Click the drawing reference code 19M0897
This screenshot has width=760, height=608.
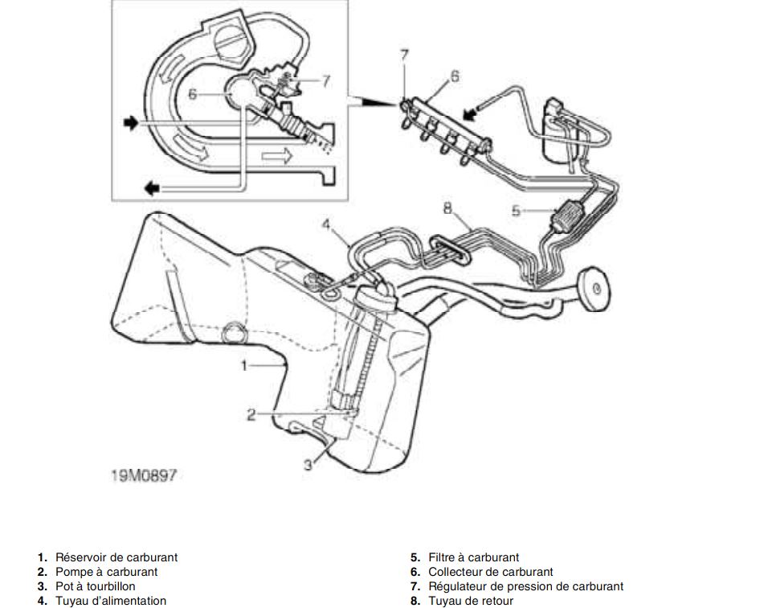(x=144, y=475)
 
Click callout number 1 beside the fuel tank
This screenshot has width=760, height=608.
(x=244, y=365)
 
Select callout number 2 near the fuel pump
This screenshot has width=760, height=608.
(x=251, y=415)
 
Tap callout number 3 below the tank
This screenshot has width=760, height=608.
(x=308, y=464)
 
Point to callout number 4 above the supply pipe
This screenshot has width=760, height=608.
(x=326, y=225)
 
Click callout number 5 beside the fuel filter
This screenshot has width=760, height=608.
(x=516, y=211)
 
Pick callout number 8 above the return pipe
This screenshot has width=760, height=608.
(x=447, y=208)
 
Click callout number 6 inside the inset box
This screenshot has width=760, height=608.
(x=193, y=94)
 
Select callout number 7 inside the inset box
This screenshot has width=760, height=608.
(x=326, y=80)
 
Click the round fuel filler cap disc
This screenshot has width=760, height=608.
(x=595, y=289)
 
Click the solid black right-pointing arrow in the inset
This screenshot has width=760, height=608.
(x=131, y=123)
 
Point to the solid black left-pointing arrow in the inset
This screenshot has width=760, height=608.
(x=152, y=187)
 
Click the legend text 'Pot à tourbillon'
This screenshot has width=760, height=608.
(x=95, y=586)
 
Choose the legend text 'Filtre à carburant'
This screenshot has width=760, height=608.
(x=473, y=557)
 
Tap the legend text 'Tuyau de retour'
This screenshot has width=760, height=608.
(x=471, y=601)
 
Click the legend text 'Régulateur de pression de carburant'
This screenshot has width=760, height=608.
(x=526, y=586)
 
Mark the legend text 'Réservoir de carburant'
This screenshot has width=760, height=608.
(x=116, y=557)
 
